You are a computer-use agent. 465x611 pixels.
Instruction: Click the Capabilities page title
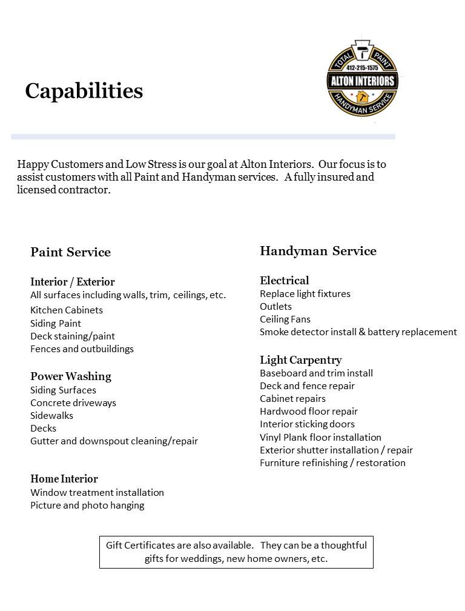(x=84, y=91)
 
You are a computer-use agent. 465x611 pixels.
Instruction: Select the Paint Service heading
(x=70, y=252)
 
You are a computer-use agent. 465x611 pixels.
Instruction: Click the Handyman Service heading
(x=318, y=251)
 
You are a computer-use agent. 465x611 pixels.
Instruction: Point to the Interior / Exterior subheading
(x=72, y=282)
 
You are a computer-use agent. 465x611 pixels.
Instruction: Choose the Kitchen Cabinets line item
(x=67, y=310)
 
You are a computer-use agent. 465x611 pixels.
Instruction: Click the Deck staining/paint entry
(x=73, y=336)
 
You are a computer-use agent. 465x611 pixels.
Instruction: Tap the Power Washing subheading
(x=71, y=376)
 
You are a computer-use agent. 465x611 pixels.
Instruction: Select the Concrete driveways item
(x=73, y=402)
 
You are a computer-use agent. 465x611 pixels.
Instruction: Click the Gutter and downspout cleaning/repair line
(x=114, y=441)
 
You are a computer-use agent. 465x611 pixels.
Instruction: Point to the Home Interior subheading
(x=64, y=479)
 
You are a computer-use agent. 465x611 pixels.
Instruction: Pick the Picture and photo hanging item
(x=87, y=505)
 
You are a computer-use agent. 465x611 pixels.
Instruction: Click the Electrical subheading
(x=285, y=281)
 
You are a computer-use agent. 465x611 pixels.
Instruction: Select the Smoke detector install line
(x=358, y=332)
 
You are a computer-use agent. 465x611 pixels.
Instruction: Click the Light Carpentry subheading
(x=301, y=360)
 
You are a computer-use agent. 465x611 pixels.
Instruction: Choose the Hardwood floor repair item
(x=309, y=411)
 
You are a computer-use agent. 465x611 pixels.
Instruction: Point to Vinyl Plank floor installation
(x=320, y=437)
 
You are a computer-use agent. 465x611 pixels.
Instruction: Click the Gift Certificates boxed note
(x=236, y=552)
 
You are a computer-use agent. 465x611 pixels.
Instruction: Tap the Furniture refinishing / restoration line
(x=332, y=462)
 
